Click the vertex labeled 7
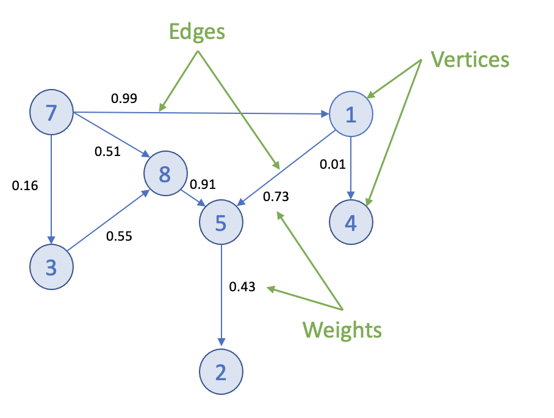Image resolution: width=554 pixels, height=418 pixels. [52, 113]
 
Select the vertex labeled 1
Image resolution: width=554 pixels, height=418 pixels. [351, 114]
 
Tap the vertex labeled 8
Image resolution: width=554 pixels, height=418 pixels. [165, 174]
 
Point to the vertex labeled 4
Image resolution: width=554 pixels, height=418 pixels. [351, 222]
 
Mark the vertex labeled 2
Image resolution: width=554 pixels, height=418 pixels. [221, 372]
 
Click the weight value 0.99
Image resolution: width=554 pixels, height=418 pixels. [124, 97]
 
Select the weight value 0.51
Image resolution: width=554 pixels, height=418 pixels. [107, 151]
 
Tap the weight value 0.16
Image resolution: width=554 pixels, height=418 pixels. [25, 186]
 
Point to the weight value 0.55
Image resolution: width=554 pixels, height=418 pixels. [120, 236]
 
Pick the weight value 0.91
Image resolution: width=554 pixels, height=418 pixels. [203, 185]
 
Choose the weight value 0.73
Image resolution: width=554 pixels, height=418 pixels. [276, 197]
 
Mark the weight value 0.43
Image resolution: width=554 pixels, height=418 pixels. [242, 286]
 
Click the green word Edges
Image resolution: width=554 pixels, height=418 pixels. [197, 32]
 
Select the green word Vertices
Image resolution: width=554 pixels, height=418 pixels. [470, 60]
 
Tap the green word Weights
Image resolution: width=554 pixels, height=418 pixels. [342, 330]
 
